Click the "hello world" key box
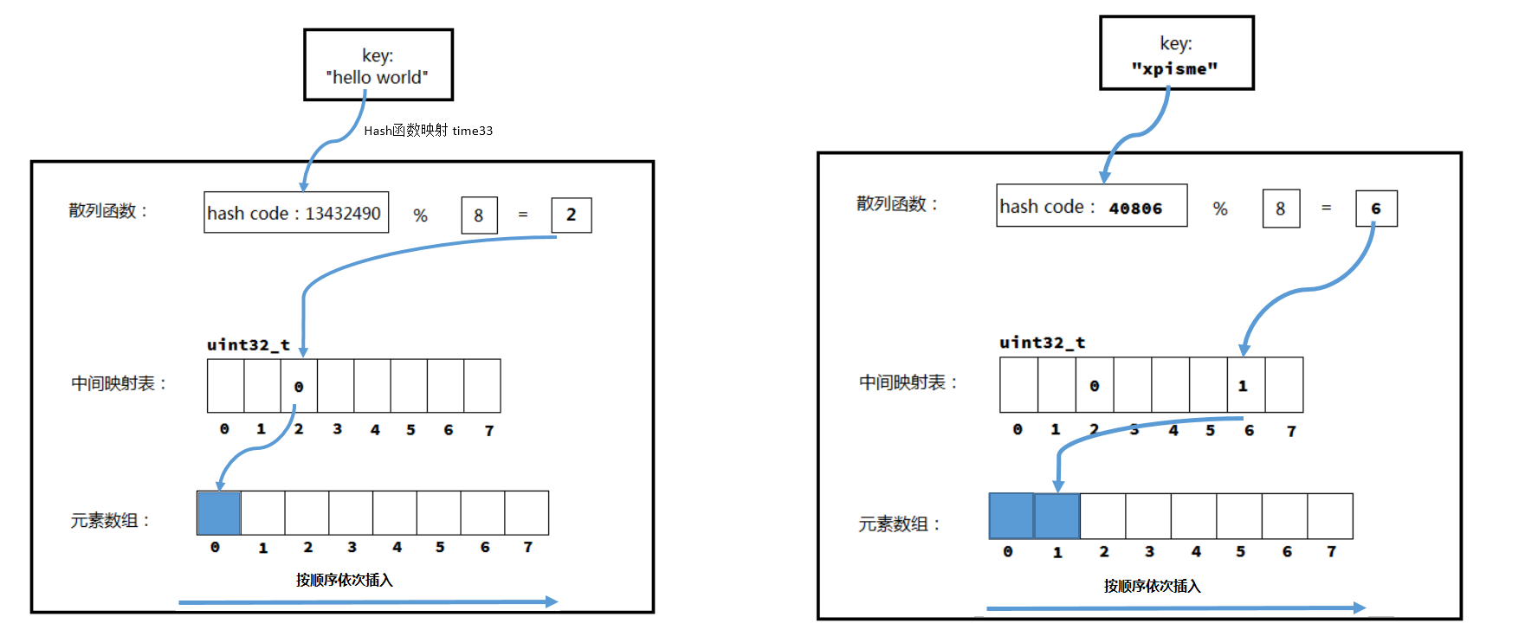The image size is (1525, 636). click(x=378, y=66)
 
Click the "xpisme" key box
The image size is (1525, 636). click(x=1176, y=54)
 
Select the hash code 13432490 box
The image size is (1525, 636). click(x=295, y=213)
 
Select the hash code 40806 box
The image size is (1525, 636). click(x=1091, y=207)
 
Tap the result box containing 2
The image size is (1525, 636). click(x=571, y=215)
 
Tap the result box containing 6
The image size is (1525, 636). click(x=1375, y=209)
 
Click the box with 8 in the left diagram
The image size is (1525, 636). click(x=479, y=215)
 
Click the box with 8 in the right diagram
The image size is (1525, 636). click(x=1280, y=209)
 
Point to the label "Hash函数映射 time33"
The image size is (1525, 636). click(x=428, y=131)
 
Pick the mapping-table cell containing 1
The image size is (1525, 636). click(x=1245, y=385)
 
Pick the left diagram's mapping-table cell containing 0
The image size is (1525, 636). click(x=299, y=386)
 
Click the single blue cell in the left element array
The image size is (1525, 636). click(x=219, y=513)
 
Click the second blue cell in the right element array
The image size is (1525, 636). click(x=1057, y=517)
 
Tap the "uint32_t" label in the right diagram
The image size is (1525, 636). click(x=1042, y=343)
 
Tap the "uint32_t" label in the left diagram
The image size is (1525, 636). click(x=248, y=344)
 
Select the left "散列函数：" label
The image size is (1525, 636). click(x=108, y=211)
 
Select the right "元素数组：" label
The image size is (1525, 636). click(x=898, y=524)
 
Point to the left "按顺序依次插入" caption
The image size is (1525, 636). click(x=344, y=580)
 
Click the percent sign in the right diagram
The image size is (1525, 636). click(x=1219, y=209)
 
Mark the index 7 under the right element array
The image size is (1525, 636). click(x=1331, y=552)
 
